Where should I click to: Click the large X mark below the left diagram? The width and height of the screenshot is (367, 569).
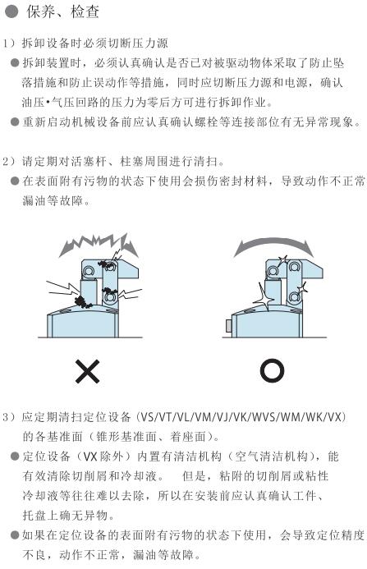click(88, 372)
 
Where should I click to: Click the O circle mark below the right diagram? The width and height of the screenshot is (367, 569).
click(272, 370)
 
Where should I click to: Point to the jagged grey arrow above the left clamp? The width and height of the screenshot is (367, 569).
click(98, 244)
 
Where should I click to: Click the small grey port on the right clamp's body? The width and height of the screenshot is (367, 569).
click(229, 325)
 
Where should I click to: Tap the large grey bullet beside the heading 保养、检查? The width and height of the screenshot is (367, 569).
click(11, 11)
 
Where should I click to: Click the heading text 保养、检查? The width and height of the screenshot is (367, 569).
click(62, 11)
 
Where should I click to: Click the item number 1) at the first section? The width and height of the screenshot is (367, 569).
click(9, 44)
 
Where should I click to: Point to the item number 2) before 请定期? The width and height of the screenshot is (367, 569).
click(9, 161)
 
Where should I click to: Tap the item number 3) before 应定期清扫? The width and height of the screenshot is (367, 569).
click(9, 417)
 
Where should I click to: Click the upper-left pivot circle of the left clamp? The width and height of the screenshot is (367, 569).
click(88, 270)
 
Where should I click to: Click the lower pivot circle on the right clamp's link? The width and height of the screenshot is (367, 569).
click(295, 298)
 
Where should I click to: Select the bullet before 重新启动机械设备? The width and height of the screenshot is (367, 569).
click(15, 122)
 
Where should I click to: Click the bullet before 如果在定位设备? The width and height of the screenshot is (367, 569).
click(15, 535)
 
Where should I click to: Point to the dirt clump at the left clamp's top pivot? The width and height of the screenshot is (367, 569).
click(107, 264)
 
